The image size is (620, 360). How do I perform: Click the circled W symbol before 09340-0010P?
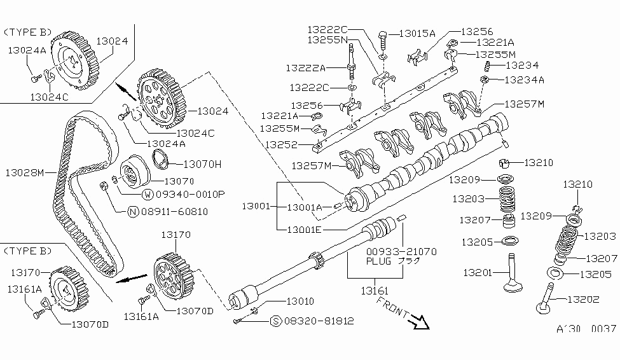[148, 194]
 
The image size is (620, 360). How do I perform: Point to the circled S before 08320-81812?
[276, 321]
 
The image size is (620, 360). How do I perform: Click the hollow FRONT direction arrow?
[419, 323]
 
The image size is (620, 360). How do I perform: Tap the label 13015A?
[417, 33]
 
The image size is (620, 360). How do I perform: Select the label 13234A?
[524, 80]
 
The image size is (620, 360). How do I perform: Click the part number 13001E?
[304, 229]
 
